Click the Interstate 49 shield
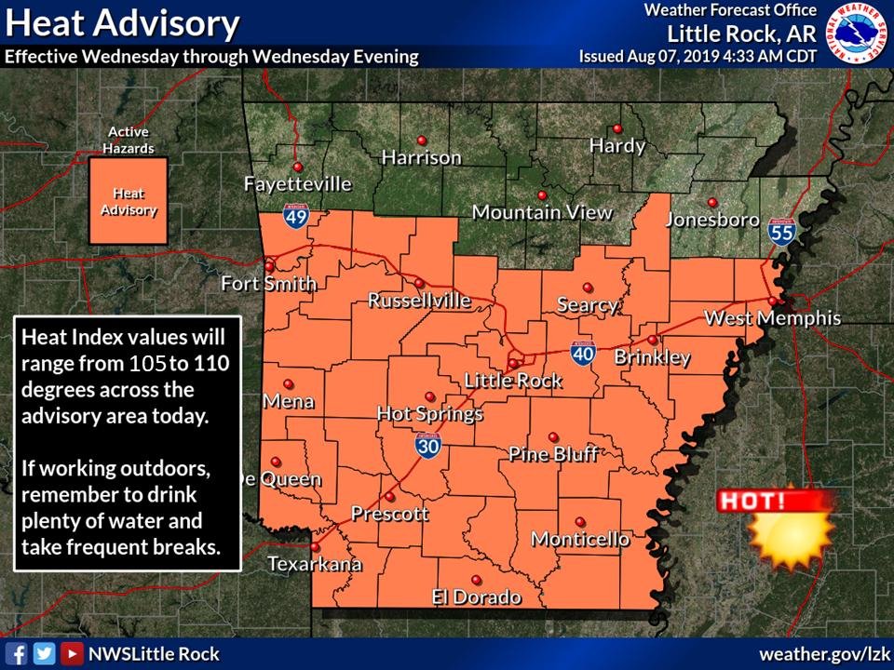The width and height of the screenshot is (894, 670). point(297,220)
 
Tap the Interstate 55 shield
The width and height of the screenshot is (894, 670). point(781,233)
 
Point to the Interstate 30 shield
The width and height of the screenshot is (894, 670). point(428,447)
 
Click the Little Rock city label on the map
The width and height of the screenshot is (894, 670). point(513,381)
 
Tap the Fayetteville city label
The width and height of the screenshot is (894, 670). point(298,184)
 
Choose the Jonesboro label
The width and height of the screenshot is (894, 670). point(712,221)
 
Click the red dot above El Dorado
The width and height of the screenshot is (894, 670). point(476,579)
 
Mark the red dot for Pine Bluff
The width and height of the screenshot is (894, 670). point(553,436)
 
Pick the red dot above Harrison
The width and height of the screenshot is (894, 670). point(422,140)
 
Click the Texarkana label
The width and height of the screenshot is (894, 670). point(315,564)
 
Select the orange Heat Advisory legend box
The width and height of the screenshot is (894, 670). point(129,201)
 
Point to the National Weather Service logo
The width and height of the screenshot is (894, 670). point(858,33)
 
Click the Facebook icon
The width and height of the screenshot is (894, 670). point(18,653)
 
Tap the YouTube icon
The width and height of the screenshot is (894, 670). point(71,653)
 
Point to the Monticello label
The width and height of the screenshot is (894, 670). point(580,540)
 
